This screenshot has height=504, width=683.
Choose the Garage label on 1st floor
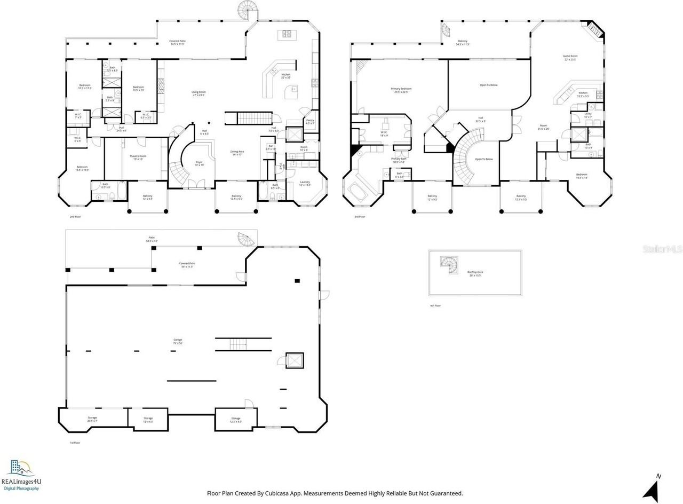(178, 341)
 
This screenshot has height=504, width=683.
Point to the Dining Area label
(237, 153)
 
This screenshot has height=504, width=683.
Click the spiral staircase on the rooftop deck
(449, 264)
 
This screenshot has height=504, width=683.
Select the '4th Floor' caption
(435, 305)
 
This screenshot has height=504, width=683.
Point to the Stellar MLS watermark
(662, 249)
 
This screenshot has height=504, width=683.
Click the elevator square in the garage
(294, 360)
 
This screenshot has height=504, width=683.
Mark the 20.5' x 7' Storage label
(92, 419)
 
